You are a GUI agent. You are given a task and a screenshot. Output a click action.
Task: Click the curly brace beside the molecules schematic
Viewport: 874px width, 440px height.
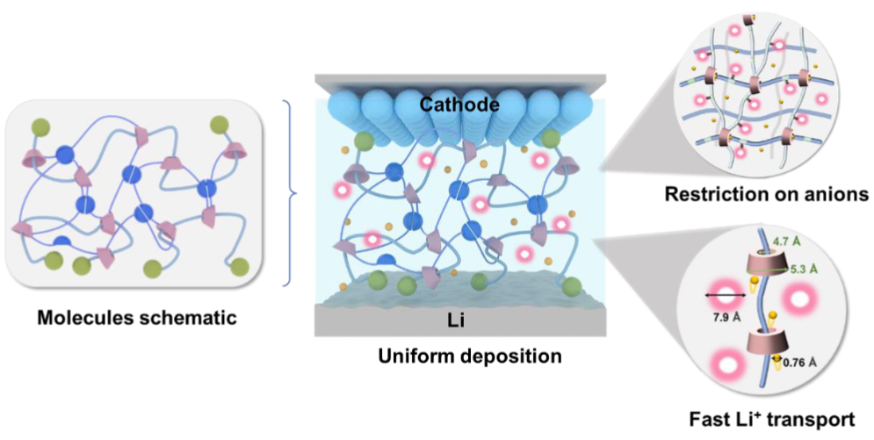pyautogui.click(x=289, y=193)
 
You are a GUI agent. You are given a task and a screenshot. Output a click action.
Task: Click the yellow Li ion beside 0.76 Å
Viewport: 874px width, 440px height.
pyautogui.click(x=776, y=356)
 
